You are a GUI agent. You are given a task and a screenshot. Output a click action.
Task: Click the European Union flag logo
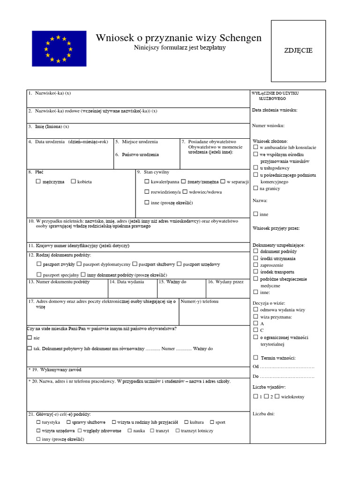click(59, 48)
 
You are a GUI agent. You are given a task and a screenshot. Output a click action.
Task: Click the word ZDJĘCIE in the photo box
click(298, 51)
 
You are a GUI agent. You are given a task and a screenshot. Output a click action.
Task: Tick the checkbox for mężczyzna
click(38, 181)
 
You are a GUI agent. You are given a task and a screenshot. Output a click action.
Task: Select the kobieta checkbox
click(73, 181)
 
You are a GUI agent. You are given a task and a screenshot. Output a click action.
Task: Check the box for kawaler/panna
click(147, 181)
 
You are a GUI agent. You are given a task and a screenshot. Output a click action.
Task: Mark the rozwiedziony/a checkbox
click(147, 192)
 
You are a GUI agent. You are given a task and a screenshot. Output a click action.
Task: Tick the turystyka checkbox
click(38, 422)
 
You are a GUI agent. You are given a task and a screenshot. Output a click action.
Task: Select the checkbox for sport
click(212, 422)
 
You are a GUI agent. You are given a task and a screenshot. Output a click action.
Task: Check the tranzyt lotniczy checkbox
click(177, 430)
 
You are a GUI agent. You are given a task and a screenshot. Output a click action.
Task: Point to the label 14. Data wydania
click(127, 282)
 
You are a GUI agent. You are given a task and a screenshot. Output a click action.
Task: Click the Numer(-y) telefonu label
click(199, 301)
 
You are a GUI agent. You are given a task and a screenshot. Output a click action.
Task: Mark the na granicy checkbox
click(255, 188)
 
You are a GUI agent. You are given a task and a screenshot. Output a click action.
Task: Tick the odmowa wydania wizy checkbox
click(255, 309)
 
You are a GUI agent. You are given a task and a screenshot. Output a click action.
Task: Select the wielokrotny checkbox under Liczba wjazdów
click(277, 396)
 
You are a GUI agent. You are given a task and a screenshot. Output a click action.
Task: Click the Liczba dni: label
click(263, 413)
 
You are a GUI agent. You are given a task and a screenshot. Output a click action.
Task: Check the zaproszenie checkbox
click(255, 265)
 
